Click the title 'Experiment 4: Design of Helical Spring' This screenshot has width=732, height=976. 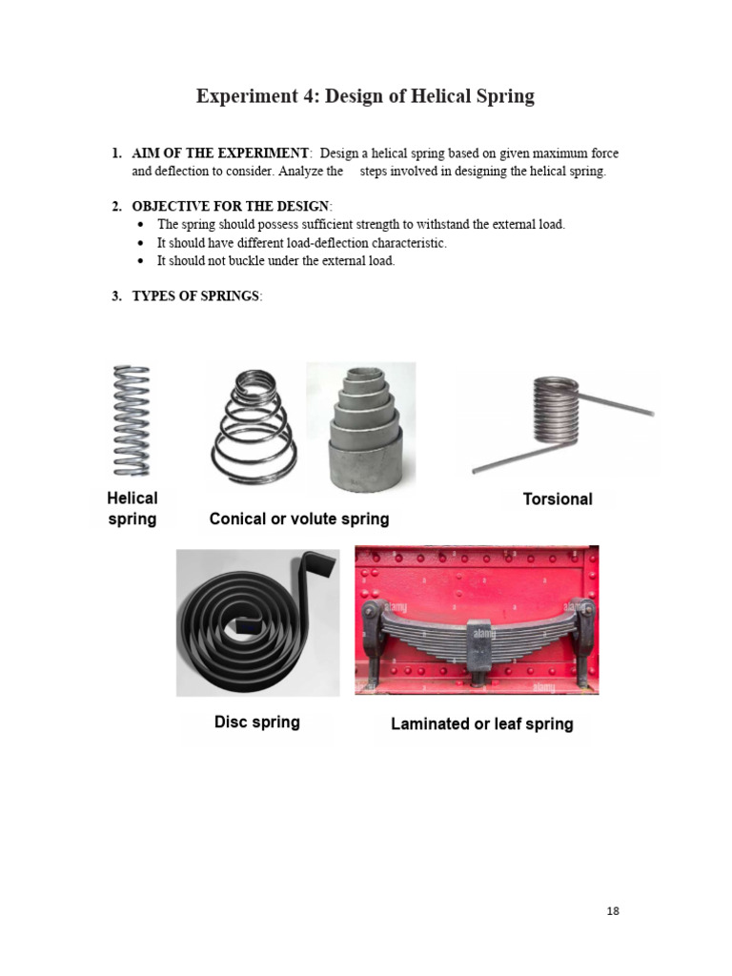click(365, 96)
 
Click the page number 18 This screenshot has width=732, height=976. click(612, 911)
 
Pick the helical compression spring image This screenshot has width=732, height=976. click(132, 419)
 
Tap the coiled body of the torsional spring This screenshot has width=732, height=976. click(556, 410)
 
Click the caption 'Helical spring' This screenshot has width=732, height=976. click(132, 509)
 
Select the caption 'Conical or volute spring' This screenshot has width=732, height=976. click(299, 519)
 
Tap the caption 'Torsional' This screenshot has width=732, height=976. click(558, 498)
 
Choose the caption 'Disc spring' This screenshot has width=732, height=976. click(256, 722)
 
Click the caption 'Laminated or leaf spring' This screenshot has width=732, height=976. click(481, 724)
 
